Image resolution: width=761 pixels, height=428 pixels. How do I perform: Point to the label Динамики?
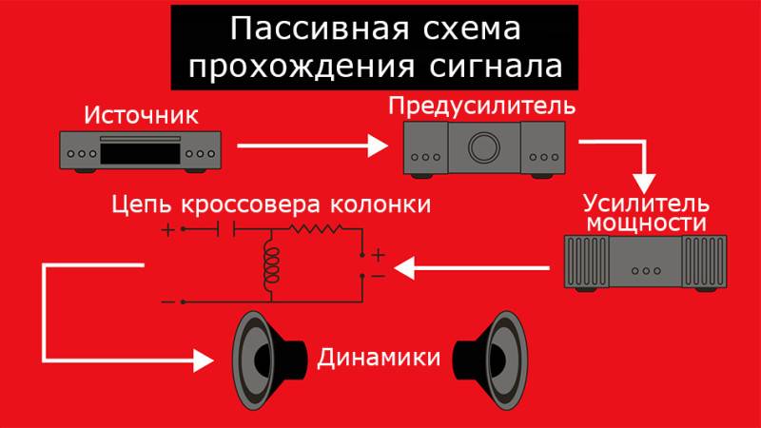click(379, 360)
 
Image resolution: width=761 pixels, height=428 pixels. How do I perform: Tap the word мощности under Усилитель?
click(646, 224)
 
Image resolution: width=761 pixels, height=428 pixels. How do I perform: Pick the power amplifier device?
click(644, 268)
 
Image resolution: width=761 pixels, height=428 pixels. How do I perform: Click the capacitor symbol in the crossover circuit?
click(226, 229)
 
